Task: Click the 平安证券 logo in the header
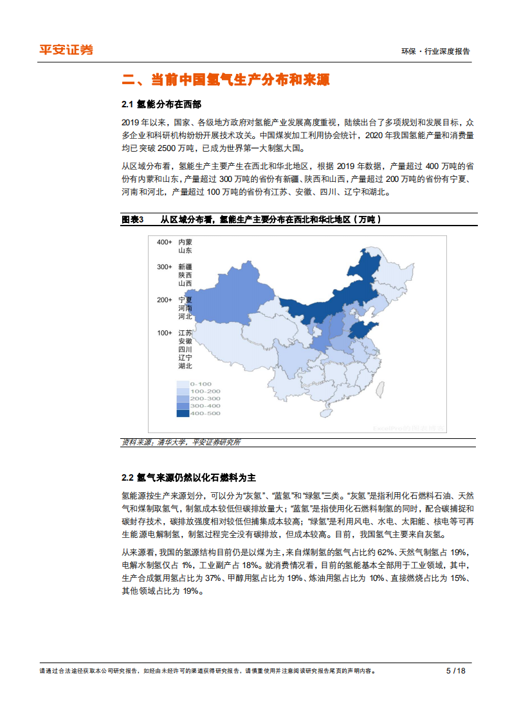66,49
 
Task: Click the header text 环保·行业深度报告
435,51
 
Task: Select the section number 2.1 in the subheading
127,104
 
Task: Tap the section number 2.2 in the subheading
127,477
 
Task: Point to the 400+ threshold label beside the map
164,242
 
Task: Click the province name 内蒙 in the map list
185,242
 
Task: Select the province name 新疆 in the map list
185,267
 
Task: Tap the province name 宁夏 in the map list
185,300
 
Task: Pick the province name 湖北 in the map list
185,366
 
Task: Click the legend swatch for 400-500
183,413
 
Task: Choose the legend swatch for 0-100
183,384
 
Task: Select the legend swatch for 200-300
183,398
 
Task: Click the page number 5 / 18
455,670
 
